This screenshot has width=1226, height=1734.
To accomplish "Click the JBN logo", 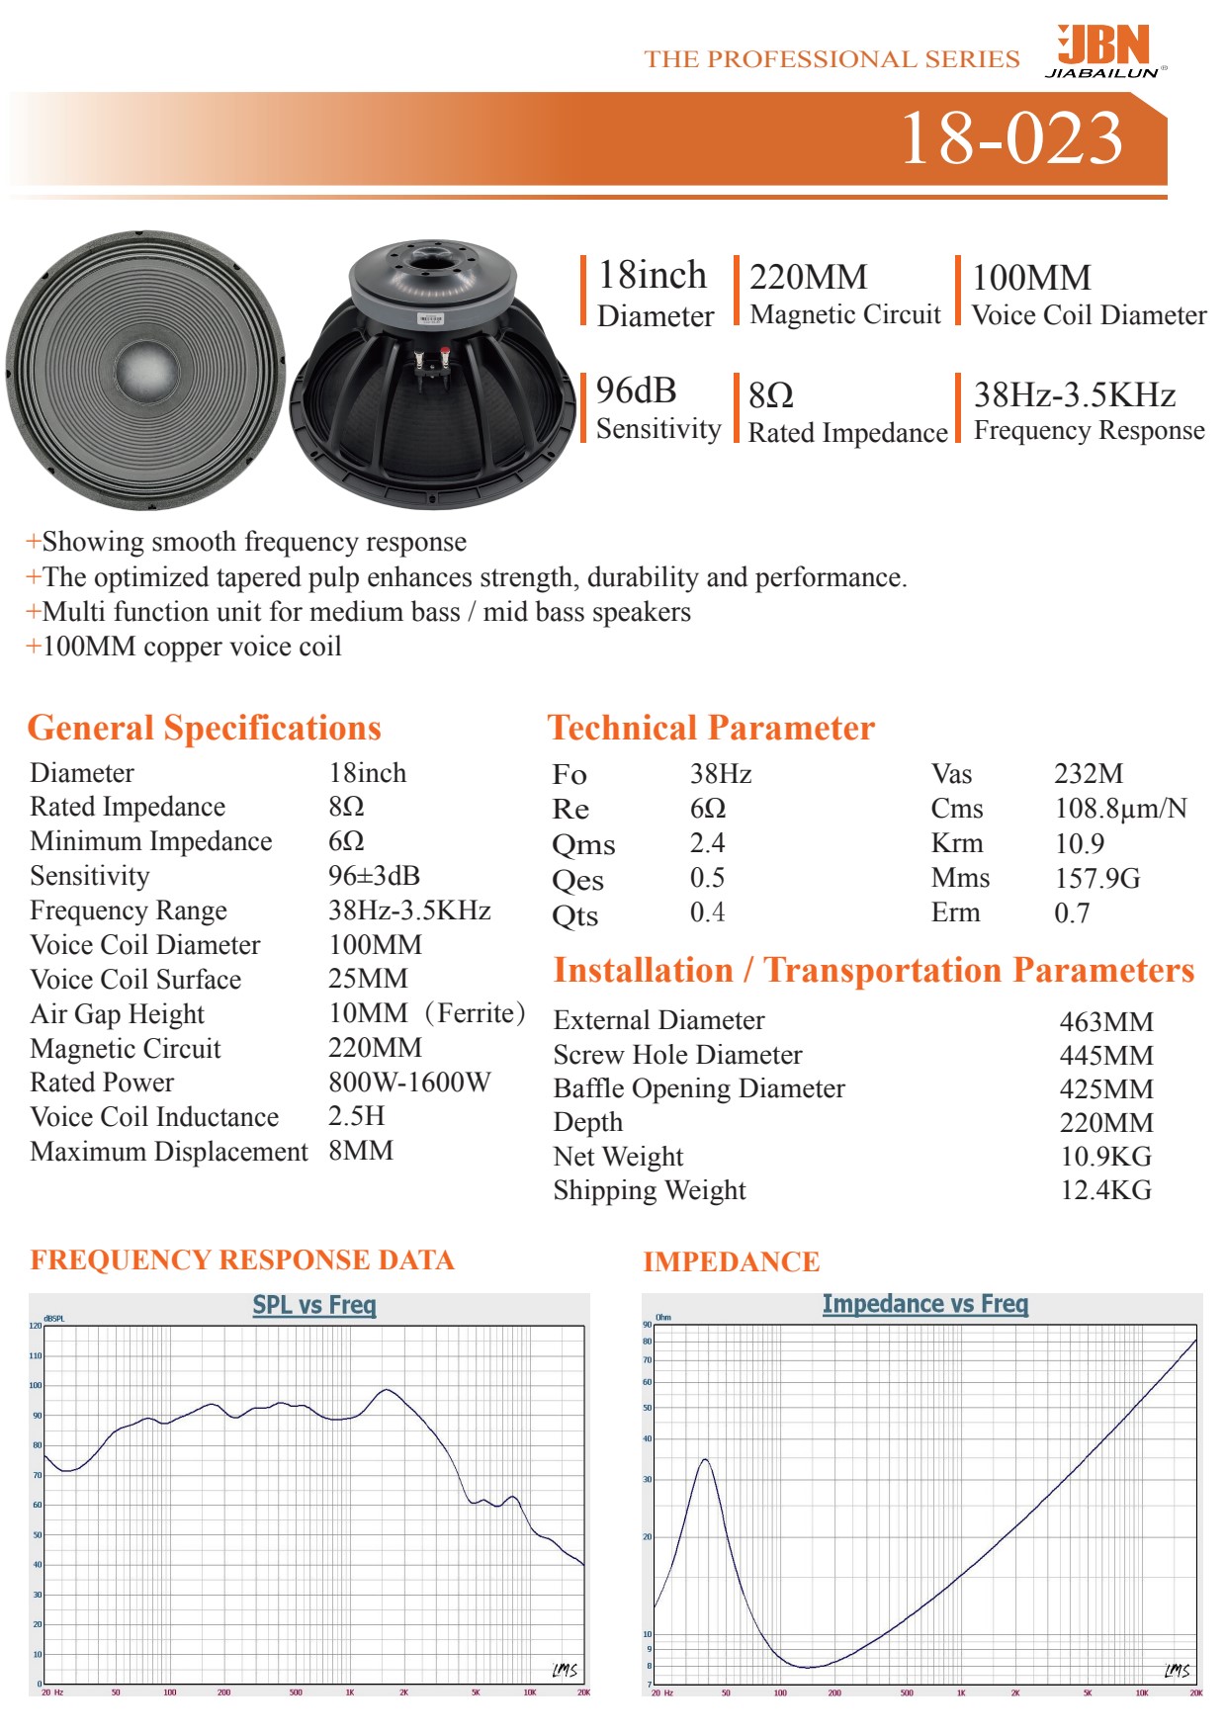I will pyautogui.click(x=1105, y=50).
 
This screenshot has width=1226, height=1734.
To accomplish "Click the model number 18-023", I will pyautogui.click(x=1010, y=137).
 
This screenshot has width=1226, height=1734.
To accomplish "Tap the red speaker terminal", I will pyautogui.click(x=445, y=353).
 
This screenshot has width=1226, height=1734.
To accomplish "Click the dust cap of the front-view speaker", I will pyautogui.click(x=144, y=372).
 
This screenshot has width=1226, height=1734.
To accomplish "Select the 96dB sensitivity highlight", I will pyautogui.click(x=636, y=391).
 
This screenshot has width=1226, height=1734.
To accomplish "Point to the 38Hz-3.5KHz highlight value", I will pyautogui.click(x=1074, y=395).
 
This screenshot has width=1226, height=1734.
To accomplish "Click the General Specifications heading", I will pyautogui.click(x=204, y=729).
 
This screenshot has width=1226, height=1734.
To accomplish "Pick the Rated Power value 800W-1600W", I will pyautogui.click(x=409, y=1083).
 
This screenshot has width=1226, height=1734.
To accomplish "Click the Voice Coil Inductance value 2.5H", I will pyautogui.click(x=356, y=1117).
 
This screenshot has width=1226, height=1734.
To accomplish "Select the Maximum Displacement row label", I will pyautogui.click(x=169, y=1152).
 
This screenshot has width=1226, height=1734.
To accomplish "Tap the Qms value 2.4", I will pyautogui.click(x=707, y=843).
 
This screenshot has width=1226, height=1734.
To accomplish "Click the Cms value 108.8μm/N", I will pyautogui.click(x=1120, y=809).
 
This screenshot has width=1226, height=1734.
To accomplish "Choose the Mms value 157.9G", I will pyautogui.click(x=1096, y=878).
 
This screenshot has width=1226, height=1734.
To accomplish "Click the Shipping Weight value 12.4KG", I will pyautogui.click(x=1105, y=1190).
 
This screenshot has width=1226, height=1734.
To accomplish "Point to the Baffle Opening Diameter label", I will pyautogui.click(x=699, y=1088).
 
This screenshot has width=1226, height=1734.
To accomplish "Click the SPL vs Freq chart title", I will pyautogui.click(x=314, y=1305).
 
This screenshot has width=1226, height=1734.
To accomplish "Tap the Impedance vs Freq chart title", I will pyautogui.click(x=924, y=1305).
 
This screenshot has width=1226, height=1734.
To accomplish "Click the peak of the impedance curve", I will pyautogui.click(x=704, y=1459).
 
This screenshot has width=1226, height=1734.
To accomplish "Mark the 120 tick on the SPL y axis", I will pyautogui.click(x=36, y=1326).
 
